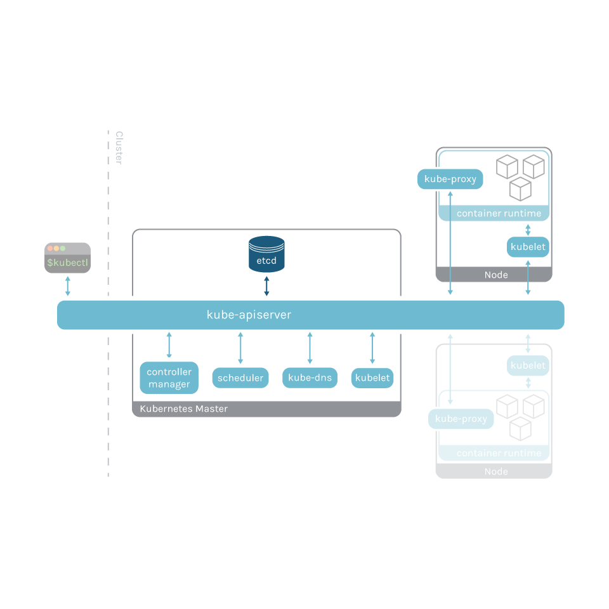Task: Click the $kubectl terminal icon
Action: coord(67,258)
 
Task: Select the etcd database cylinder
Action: coord(266,254)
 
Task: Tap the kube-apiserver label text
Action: coord(249,315)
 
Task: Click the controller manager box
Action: coord(169,378)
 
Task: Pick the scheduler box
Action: coord(240,378)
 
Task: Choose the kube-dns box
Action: coord(310,378)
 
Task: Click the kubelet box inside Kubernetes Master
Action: coord(372,378)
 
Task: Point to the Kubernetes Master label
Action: coord(183,409)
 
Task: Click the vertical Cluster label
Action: coord(119,148)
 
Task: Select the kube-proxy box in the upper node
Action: coord(450,180)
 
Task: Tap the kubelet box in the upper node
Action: coord(528,247)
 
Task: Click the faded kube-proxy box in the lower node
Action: coord(461,419)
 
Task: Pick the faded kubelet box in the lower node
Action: coord(528,365)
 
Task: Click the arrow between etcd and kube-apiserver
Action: coord(266,285)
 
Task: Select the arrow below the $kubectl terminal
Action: coord(67,286)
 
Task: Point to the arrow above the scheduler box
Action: coord(240,348)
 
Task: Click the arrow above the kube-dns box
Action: coord(310,348)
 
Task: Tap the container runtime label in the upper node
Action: coord(499,214)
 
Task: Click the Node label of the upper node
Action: coord(495,275)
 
